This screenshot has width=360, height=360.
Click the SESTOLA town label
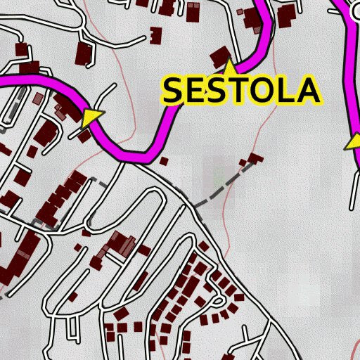[x=242, y=90]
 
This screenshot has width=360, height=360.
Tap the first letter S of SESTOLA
[x=176, y=91]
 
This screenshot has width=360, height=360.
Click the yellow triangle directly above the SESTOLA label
[x=229, y=67]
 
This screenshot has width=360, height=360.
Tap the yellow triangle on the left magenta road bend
[x=91, y=117]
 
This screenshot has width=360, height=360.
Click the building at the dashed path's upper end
[x=255, y=157]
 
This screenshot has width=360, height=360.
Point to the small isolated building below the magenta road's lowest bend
[x=164, y=161]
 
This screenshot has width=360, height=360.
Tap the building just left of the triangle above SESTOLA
[x=219, y=56]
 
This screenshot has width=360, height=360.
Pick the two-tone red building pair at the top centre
[x=193, y=11]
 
